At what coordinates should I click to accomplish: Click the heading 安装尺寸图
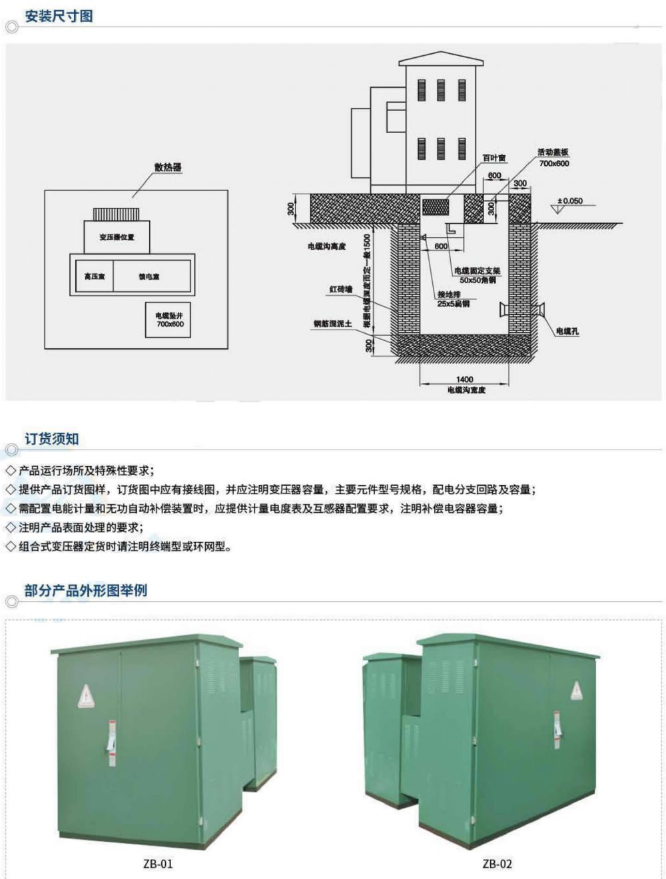coord(59,16)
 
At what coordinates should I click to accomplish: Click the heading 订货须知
coord(52,439)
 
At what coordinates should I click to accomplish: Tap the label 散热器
coord(168,167)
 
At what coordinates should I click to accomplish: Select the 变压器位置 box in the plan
coord(117,236)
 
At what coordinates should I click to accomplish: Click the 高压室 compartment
coord(94,276)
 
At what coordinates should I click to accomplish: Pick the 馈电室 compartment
coord(149,276)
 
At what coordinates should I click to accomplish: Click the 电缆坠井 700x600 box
coord(168,320)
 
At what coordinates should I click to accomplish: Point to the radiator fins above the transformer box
coord(116,214)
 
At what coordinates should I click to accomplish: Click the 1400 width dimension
coord(465,379)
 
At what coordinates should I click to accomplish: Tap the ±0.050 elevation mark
coord(569,200)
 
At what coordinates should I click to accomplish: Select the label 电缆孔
coord(567,331)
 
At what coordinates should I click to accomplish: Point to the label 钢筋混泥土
coord(334,324)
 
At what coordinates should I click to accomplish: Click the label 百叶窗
coord(494,158)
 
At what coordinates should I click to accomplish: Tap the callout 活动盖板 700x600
coord(553,158)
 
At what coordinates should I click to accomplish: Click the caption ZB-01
coord(158,864)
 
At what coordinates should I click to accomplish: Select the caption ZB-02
coord(498,864)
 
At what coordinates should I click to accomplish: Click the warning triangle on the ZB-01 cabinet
coord(85,696)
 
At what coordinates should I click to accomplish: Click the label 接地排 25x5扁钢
coord(454,299)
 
